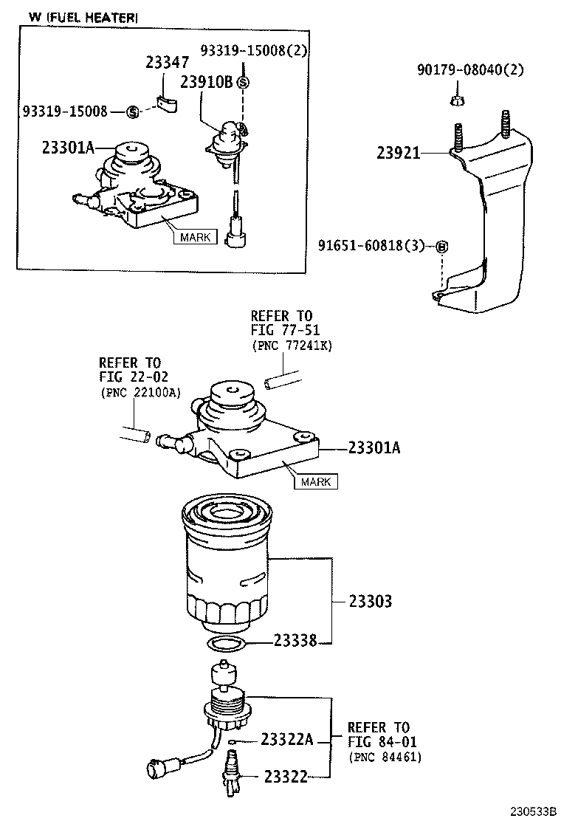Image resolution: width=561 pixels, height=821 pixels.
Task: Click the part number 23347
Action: (x=168, y=63)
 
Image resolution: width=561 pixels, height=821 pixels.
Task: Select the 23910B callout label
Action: (x=207, y=82)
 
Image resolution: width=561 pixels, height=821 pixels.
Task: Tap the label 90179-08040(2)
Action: (x=469, y=70)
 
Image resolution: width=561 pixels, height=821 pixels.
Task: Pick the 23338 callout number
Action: (x=295, y=642)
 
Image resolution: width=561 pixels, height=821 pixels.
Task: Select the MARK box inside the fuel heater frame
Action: (x=194, y=237)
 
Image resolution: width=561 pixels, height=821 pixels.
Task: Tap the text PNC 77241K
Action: (x=292, y=346)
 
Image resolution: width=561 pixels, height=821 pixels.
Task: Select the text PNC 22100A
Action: (x=141, y=392)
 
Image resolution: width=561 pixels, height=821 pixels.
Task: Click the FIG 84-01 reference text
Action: (x=378, y=742)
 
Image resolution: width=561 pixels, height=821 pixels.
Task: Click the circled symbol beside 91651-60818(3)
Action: (x=439, y=246)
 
